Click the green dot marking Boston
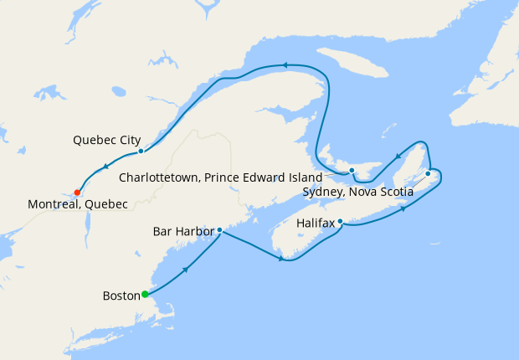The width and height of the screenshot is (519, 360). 145,294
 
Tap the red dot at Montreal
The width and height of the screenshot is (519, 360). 77,192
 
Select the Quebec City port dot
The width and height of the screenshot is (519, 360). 141,152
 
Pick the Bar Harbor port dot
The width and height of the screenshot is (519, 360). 219,230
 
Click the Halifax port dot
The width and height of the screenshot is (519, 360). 340,221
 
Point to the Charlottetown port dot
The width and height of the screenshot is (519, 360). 352,171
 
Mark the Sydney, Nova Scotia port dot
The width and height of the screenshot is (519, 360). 428,173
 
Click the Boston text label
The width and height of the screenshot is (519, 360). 121,296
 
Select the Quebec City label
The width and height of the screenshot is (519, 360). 106,140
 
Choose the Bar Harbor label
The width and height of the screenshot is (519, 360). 183,231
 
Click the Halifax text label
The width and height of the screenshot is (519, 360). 316,224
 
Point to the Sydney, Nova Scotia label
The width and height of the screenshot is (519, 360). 357,192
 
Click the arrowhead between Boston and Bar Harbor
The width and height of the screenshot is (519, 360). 184,269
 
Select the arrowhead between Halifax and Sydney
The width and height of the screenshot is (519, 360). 403,208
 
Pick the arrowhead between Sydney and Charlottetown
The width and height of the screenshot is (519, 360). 397,156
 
